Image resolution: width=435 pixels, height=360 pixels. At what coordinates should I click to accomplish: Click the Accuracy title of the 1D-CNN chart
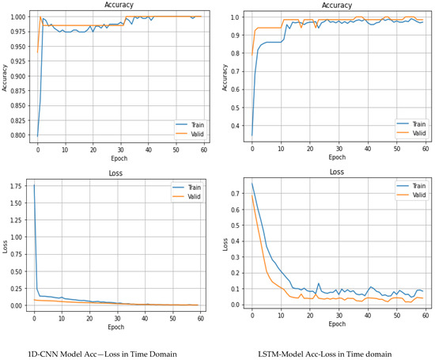[x=119, y=6]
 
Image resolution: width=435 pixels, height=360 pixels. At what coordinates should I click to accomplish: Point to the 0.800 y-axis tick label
[x=17, y=135]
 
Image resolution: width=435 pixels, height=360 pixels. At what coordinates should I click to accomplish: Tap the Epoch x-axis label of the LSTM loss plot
[x=336, y=324]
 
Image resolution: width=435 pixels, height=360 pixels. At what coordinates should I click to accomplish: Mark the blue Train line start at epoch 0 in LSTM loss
[x=252, y=184]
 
